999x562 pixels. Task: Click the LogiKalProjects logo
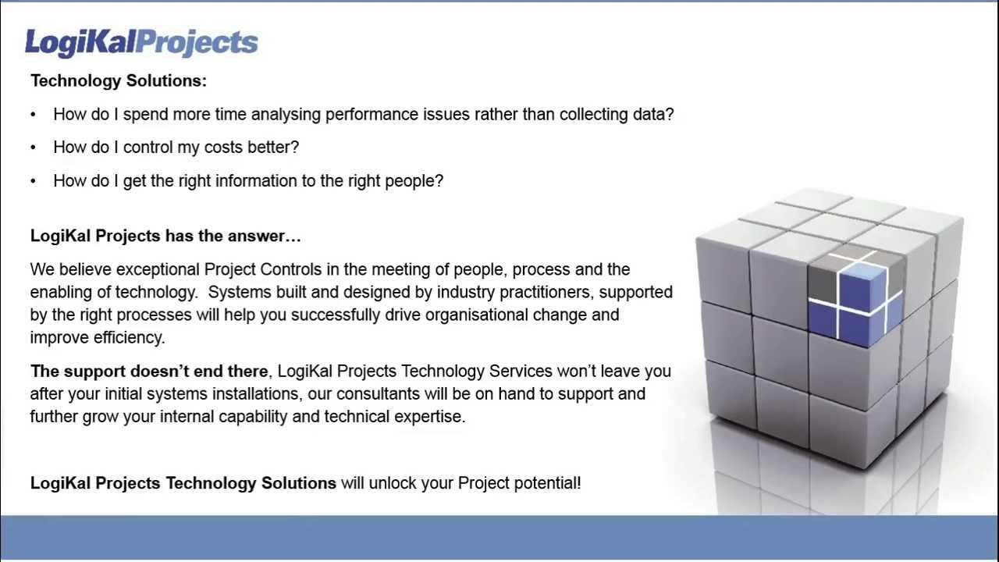tap(141, 42)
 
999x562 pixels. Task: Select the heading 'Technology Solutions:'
tap(119, 80)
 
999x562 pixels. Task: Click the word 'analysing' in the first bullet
tap(287, 115)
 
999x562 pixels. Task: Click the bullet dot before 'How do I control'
tap(34, 148)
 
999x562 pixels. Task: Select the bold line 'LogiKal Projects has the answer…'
tap(165, 236)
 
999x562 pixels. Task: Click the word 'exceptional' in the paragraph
tap(158, 270)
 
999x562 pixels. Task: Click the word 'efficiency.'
tap(129, 338)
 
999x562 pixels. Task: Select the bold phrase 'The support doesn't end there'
tap(149, 372)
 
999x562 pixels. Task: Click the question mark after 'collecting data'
tap(669, 115)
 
